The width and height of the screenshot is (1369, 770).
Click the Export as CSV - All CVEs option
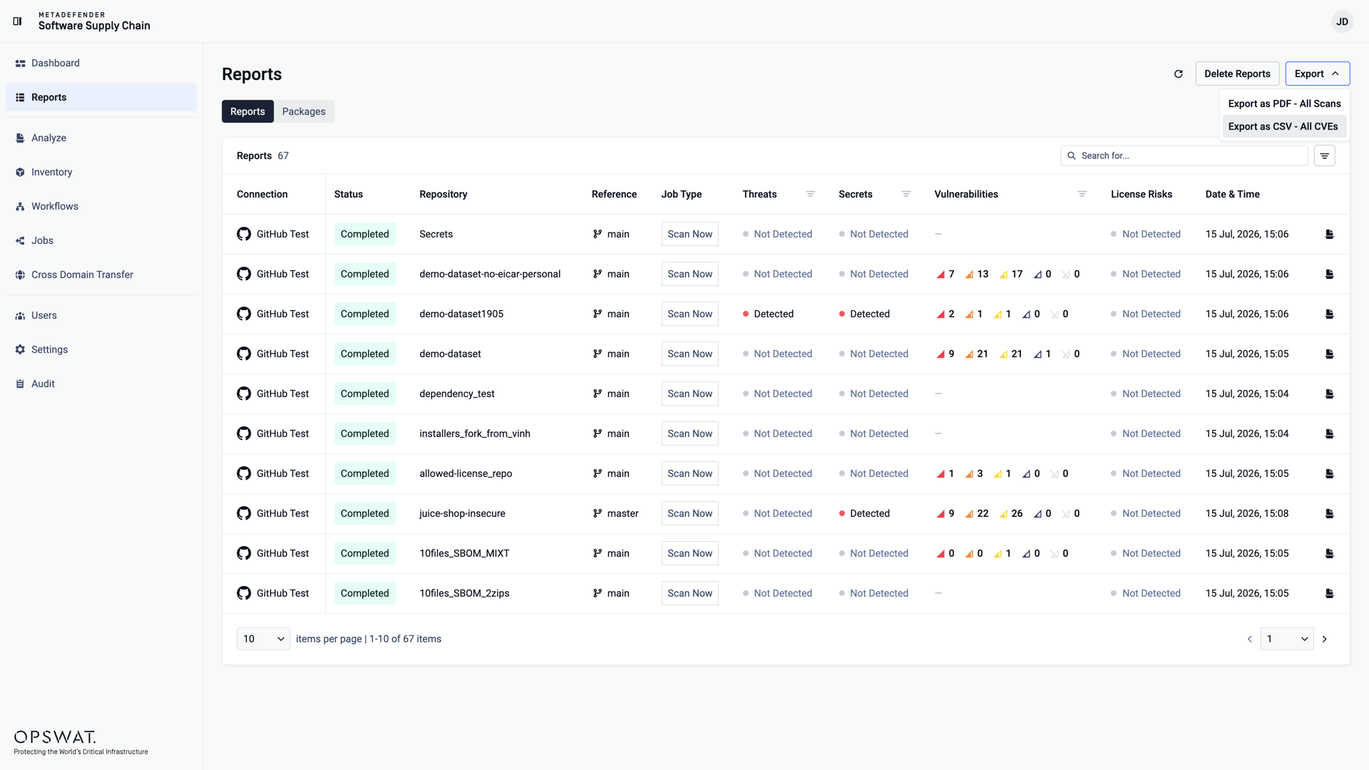click(1283, 126)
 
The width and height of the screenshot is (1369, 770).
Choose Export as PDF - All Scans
click(1283, 103)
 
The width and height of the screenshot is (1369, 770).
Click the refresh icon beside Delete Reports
click(1179, 73)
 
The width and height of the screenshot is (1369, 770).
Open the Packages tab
click(304, 111)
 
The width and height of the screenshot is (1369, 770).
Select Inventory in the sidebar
click(51, 172)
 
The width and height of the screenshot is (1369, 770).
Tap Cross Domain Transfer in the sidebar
click(82, 274)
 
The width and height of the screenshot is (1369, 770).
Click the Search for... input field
click(1184, 155)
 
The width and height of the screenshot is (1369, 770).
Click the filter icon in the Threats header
click(811, 194)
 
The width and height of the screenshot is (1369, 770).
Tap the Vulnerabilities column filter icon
click(1082, 194)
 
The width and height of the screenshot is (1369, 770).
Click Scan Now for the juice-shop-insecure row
click(689, 513)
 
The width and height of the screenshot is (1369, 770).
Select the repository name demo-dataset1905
click(461, 314)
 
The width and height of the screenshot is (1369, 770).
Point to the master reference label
click(622, 513)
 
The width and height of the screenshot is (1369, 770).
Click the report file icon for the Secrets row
click(1329, 234)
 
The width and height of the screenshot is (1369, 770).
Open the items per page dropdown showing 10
click(263, 639)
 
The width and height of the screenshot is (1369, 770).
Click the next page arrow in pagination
click(1325, 639)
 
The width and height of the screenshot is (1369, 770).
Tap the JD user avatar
click(1342, 21)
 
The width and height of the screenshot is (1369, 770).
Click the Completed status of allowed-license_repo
click(364, 473)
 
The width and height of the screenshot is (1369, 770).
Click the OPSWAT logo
click(55, 736)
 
